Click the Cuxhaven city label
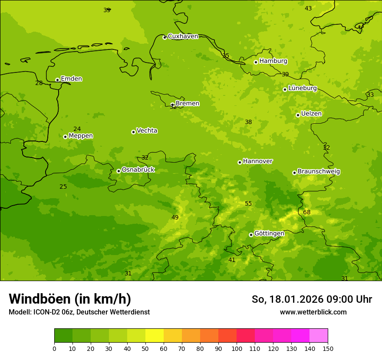click(x=183, y=36)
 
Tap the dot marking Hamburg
click(x=256, y=62)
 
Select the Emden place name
click(x=71, y=79)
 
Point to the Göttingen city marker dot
click(x=251, y=235)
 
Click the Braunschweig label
click(x=319, y=172)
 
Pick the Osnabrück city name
click(x=138, y=170)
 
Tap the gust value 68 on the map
click(x=307, y=212)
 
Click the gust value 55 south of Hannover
click(x=248, y=203)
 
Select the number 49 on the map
click(x=175, y=217)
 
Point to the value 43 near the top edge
click(x=308, y=8)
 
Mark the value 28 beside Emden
click(x=39, y=83)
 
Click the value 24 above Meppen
click(x=77, y=129)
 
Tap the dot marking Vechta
click(x=133, y=132)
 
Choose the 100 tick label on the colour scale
click(x=237, y=348)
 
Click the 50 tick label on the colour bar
click(x=145, y=348)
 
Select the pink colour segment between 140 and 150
click(x=319, y=336)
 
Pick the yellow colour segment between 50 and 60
click(x=155, y=336)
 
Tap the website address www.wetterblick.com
click(x=313, y=312)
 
